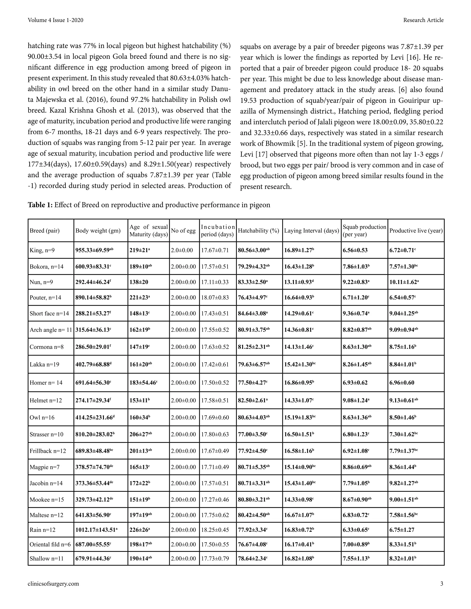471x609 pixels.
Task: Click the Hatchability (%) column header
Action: tap(258, 231)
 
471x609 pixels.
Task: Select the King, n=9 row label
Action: tap(42, 250)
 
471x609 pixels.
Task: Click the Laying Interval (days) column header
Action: tap(311, 231)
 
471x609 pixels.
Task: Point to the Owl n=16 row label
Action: tap(42, 417)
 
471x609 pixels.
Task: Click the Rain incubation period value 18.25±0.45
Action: tap(215, 529)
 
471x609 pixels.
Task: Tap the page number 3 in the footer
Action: tap(441, 584)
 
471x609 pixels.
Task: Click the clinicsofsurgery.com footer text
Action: tap(53, 584)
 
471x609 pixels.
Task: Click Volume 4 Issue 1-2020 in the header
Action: tap(55, 20)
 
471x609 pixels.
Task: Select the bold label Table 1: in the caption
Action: tap(40, 205)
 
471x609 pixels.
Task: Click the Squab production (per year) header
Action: tap(364, 231)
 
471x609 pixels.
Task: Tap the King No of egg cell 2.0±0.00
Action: tap(182, 250)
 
